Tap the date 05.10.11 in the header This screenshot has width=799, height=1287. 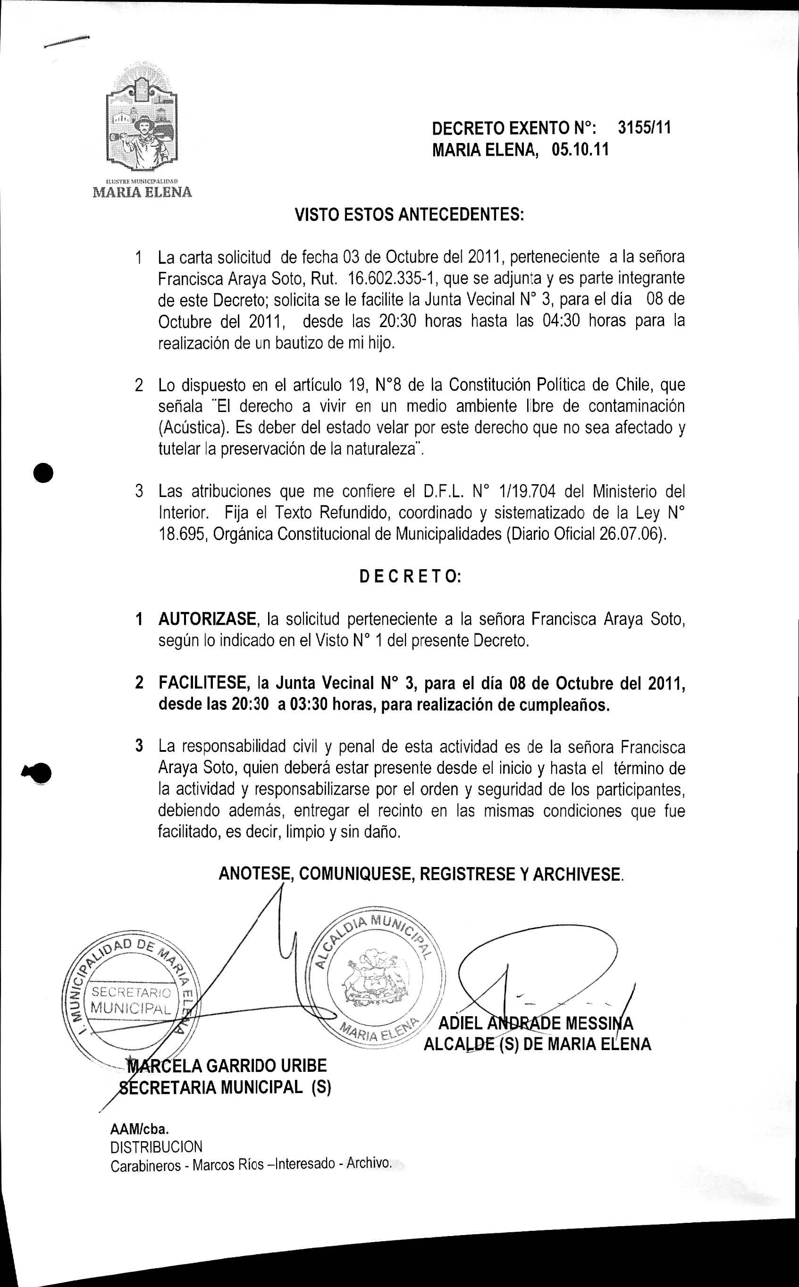coord(580,150)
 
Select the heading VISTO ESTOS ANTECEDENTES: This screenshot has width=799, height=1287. coord(409,215)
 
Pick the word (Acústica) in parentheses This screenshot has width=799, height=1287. coord(194,428)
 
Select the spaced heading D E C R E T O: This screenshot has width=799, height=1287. coord(410,576)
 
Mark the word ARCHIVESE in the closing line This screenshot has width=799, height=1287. coord(577,875)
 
